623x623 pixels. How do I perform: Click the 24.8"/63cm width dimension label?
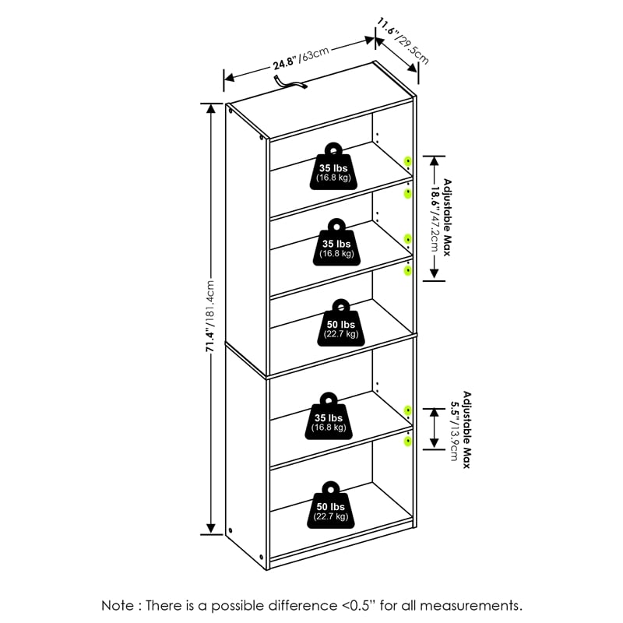(301, 57)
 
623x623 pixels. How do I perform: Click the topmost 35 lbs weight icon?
(333, 167)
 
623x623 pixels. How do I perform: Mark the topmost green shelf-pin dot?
(408, 160)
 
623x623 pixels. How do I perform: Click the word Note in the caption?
(118, 605)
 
